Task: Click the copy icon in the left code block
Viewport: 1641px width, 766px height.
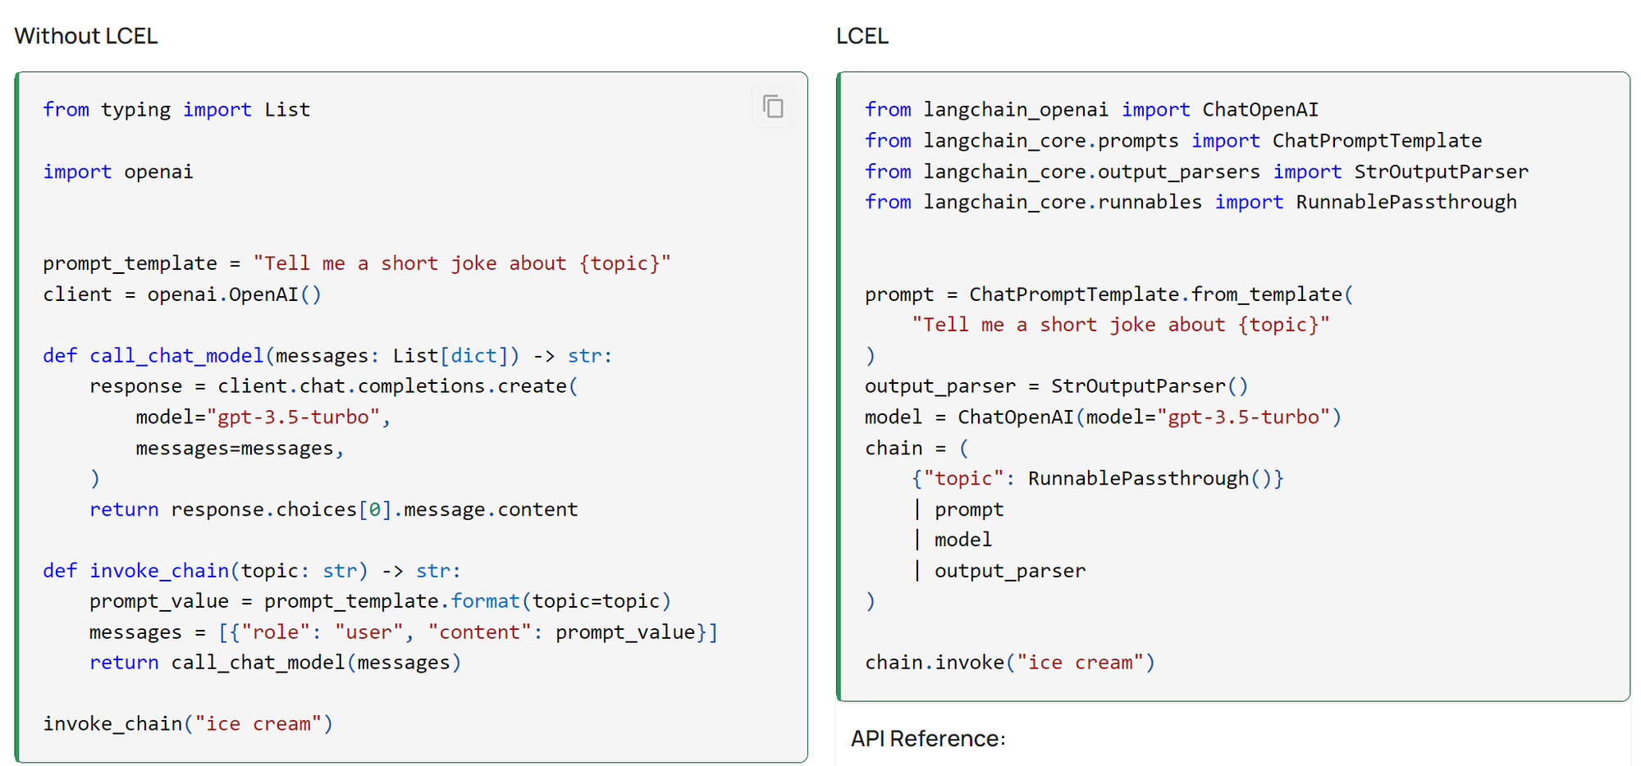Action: click(773, 107)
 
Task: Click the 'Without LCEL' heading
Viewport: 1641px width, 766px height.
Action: click(86, 36)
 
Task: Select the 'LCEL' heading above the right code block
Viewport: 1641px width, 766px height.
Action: click(862, 36)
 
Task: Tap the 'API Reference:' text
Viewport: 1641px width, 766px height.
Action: click(927, 738)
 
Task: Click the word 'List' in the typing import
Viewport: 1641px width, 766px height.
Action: click(287, 110)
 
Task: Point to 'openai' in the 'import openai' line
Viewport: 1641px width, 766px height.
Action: click(158, 172)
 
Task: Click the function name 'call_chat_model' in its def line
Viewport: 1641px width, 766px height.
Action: click(176, 356)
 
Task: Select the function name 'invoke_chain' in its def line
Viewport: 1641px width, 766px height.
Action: click(159, 571)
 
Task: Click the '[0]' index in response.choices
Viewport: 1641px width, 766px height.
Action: click(375, 509)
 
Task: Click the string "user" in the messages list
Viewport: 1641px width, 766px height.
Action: click(369, 632)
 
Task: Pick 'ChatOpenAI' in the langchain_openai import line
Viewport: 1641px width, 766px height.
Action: click(1260, 110)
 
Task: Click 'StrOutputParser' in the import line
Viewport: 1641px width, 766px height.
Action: click(1441, 172)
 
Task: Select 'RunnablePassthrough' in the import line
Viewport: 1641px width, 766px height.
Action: click(1406, 203)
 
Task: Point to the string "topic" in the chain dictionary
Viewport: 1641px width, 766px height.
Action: click(964, 479)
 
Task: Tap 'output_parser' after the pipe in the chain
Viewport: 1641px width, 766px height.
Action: click(1010, 571)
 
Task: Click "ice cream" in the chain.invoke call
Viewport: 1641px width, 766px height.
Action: click(1081, 663)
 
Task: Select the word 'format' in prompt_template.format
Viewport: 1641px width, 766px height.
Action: click(485, 601)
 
